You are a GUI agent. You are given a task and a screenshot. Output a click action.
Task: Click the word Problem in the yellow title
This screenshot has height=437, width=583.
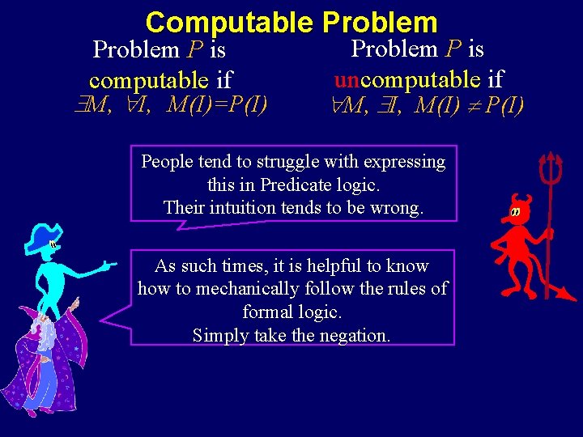(380, 22)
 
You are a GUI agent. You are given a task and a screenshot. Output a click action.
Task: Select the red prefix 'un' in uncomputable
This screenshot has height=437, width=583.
(347, 79)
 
